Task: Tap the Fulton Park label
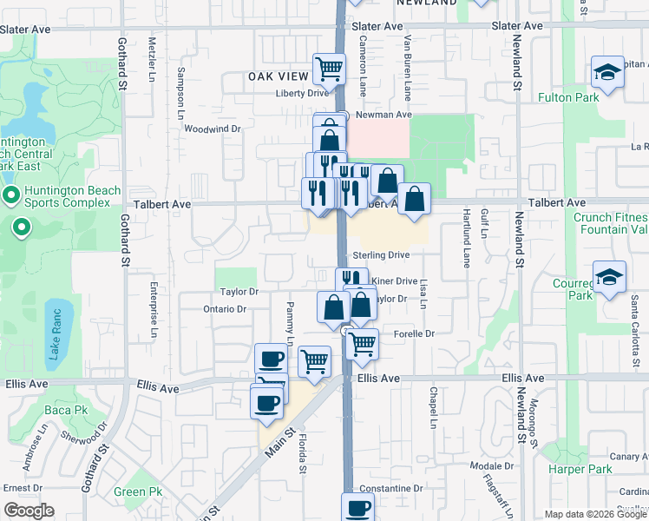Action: coord(568,98)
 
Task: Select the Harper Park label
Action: coord(580,470)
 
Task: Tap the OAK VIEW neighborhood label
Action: coord(278,76)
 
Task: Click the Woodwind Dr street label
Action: coord(212,129)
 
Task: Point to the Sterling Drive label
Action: coord(380,255)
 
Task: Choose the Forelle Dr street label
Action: coord(413,333)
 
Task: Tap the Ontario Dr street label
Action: coord(226,309)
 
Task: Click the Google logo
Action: coord(29,511)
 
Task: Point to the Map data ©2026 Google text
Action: coord(594,514)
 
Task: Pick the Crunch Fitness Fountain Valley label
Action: coord(611,223)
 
